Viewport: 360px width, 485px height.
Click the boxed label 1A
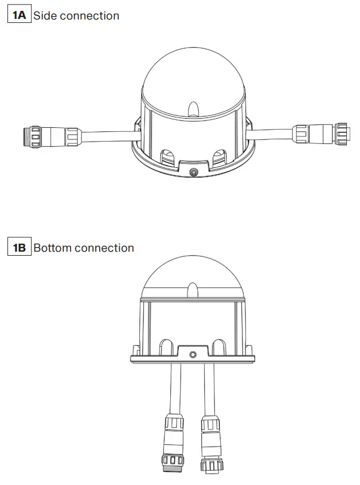(x=19, y=15)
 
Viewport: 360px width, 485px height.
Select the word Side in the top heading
(x=45, y=15)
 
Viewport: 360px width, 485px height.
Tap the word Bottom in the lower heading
(x=53, y=248)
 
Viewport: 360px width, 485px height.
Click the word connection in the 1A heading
(x=89, y=15)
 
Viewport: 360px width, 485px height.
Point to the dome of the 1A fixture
(x=193, y=77)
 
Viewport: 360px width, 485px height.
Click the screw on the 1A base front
(x=194, y=171)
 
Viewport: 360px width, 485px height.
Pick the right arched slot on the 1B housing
(x=219, y=346)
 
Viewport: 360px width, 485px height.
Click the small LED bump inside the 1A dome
(x=193, y=108)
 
